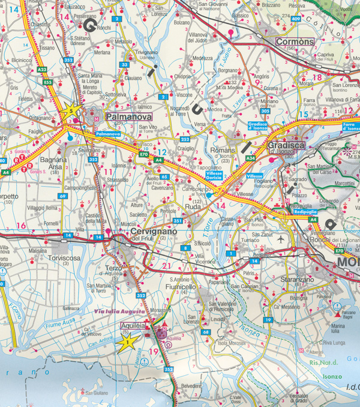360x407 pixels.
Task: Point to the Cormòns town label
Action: [x=295, y=41]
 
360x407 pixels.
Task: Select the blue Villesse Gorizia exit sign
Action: [x=214, y=175]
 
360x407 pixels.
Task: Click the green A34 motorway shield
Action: [x=250, y=158]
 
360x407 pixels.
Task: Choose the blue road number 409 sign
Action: [x=295, y=19]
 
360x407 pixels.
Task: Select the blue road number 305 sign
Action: [x=265, y=110]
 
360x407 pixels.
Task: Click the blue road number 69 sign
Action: [x=62, y=196]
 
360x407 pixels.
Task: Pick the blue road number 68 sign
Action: [x=206, y=332]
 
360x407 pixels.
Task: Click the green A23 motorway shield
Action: [x=42, y=70]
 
